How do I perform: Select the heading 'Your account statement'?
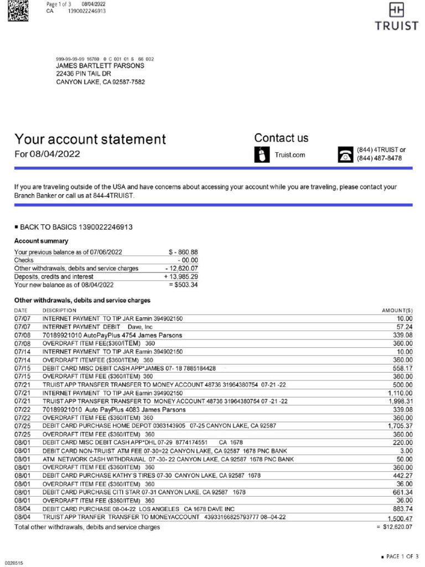pos(90,139)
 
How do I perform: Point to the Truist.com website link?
pos(289,155)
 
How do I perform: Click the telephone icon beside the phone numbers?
pos(345,154)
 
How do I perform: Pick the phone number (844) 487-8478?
pos(379,159)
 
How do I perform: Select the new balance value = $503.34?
pos(183,285)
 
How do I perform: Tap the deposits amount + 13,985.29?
pos(181,276)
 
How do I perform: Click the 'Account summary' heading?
pos(41,241)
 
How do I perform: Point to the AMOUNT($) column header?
pos(397,311)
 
